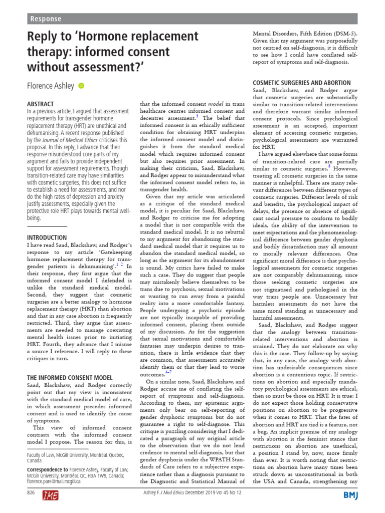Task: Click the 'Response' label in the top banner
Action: tap(46, 19)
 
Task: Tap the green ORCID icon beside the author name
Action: tap(82, 86)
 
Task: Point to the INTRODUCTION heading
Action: tap(47, 237)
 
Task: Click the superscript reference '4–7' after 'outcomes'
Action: tap(168, 372)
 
